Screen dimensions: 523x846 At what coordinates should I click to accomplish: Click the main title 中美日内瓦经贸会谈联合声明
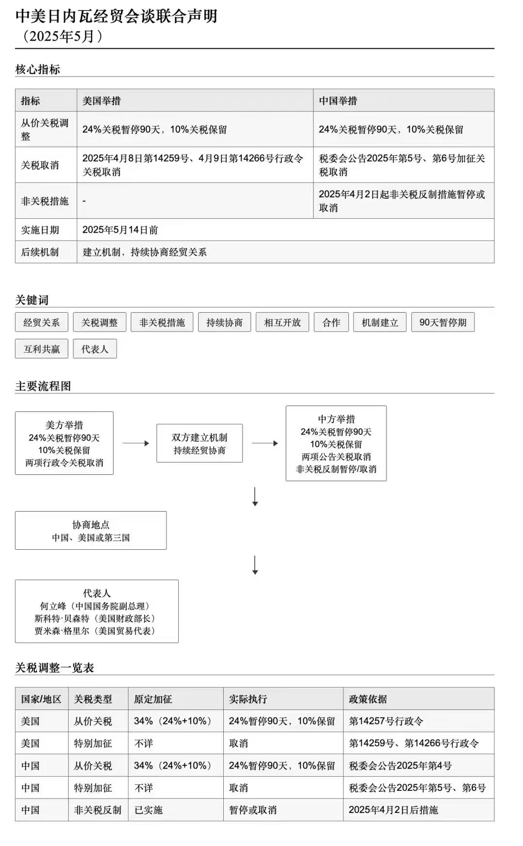coord(116,16)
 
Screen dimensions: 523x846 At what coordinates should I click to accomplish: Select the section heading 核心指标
coord(38,69)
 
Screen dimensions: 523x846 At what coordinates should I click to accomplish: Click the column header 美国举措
coord(102,101)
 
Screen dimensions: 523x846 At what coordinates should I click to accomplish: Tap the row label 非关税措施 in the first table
coord(45,201)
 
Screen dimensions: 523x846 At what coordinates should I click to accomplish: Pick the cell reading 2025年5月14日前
coord(120,230)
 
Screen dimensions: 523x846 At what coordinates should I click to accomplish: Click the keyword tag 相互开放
coord(282,322)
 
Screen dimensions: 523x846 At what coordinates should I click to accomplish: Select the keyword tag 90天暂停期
coord(443,322)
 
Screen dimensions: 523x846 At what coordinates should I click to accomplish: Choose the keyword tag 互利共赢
coord(42,349)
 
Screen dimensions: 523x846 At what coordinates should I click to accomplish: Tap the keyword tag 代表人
coord(95,349)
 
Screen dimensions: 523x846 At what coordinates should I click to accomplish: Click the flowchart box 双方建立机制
coord(200,443)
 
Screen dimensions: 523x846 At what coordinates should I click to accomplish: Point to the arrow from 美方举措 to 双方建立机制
coord(136,443)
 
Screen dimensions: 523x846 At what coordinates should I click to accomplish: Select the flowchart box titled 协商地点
coord(91,530)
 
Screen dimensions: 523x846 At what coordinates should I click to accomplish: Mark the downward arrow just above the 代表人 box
coord(255,565)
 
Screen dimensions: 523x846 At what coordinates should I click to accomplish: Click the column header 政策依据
coord(368,699)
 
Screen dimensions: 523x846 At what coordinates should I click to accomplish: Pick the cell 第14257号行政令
coord(386,721)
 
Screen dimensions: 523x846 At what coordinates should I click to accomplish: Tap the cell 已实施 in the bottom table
coord(148,810)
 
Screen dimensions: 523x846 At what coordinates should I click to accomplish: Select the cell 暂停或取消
coord(253,810)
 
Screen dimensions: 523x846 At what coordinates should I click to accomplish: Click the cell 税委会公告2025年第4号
coord(400,766)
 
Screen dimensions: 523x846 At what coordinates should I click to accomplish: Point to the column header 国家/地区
coord(41,699)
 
